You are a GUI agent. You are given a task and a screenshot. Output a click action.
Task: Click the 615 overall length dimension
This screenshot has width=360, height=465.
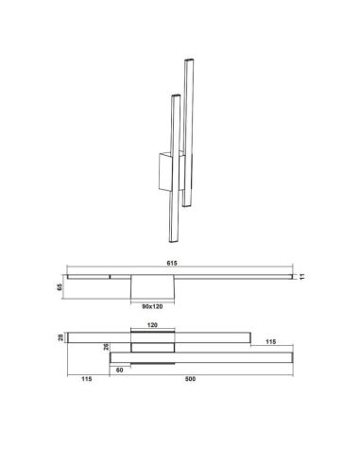[179, 265]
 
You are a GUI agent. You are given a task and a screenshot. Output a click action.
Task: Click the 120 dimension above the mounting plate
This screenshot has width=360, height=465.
[150, 324]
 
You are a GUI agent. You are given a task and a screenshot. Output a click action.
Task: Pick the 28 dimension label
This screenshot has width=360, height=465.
[60, 337]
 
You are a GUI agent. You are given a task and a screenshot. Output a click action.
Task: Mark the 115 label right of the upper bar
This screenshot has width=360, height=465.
[270, 340]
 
